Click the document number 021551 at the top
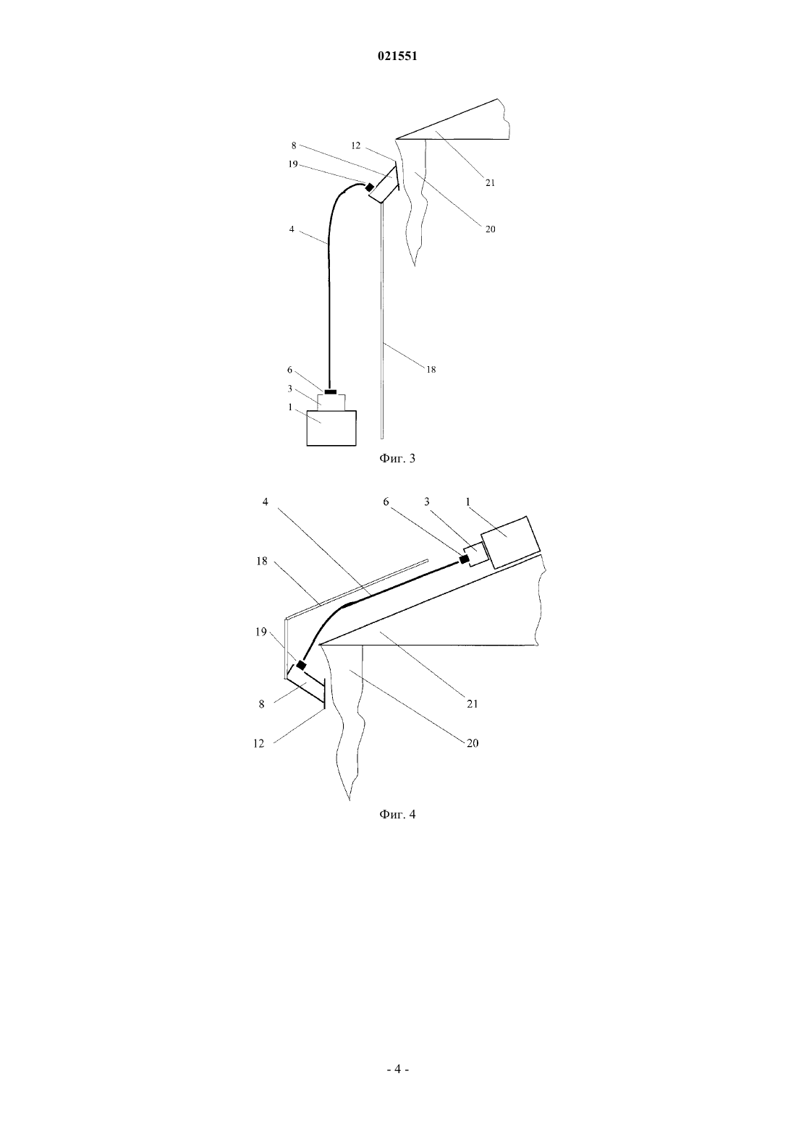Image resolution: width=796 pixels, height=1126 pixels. click(x=397, y=56)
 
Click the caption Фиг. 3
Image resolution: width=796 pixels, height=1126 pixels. click(x=397, y=458)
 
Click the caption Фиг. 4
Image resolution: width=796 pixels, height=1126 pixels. click(x=397, y=814)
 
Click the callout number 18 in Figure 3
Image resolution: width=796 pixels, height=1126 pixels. click(x=431, y=370)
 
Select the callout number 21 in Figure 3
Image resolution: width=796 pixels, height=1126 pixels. click(x=491, y=183)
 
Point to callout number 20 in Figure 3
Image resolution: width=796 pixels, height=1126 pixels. click(x=491, y=229)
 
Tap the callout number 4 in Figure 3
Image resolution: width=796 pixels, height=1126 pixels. click(x=292, y=229)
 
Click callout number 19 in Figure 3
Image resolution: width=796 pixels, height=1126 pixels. click(x=294, y=164)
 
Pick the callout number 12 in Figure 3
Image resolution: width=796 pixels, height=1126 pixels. click(x=356, y=145)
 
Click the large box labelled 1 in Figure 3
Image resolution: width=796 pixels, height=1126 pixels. click(x=331, y=428)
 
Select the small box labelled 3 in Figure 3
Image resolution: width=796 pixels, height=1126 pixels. click(x=331, y=402)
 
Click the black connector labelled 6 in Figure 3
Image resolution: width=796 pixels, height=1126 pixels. click(x=330, y=391)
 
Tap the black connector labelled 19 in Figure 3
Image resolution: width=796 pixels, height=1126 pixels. click(x=369, y=187)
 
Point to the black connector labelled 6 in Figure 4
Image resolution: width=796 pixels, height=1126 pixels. click(x=465, y=559)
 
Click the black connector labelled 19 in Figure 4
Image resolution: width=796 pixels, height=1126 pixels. click(x=301, y=665)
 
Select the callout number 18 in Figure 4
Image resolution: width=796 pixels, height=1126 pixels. click(x=262, y=561)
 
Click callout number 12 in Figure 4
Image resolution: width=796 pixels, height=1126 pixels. click(x=259, y=743)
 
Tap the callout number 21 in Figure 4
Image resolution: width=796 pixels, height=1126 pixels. click(x=473, y=703)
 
